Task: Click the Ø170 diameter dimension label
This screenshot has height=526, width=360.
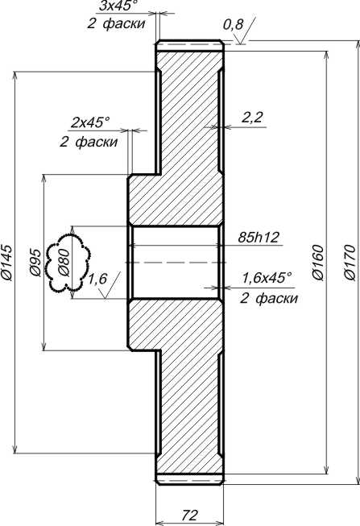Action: point(350,263)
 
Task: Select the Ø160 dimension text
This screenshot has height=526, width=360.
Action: point(318,263)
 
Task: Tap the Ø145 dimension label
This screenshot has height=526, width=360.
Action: point(6,263)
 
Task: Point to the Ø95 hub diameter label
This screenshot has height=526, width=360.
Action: point(35,263)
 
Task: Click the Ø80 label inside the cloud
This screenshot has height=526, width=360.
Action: point(64,263)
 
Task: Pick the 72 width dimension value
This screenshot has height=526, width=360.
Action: point(190,514)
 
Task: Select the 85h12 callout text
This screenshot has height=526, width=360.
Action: point(259,238)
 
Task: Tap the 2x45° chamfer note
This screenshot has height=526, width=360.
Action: point(90,122)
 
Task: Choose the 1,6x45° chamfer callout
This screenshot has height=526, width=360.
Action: point(267,278)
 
